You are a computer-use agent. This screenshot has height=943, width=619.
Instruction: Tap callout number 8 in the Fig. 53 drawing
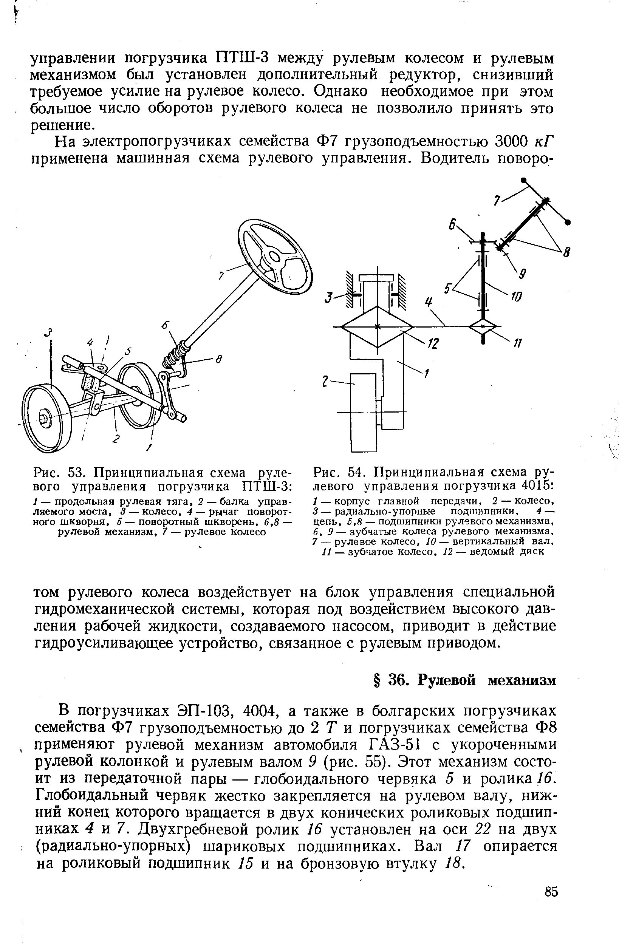[x=218, y=359]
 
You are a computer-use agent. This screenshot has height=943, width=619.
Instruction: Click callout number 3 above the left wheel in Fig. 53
[x=49, y=333]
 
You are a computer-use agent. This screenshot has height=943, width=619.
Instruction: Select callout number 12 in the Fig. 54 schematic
[x=433, y=344]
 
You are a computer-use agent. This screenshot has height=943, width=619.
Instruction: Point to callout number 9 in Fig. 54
[x=523, y=274]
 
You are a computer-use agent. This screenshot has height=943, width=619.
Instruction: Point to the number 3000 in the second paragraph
[x=512, y=141]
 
